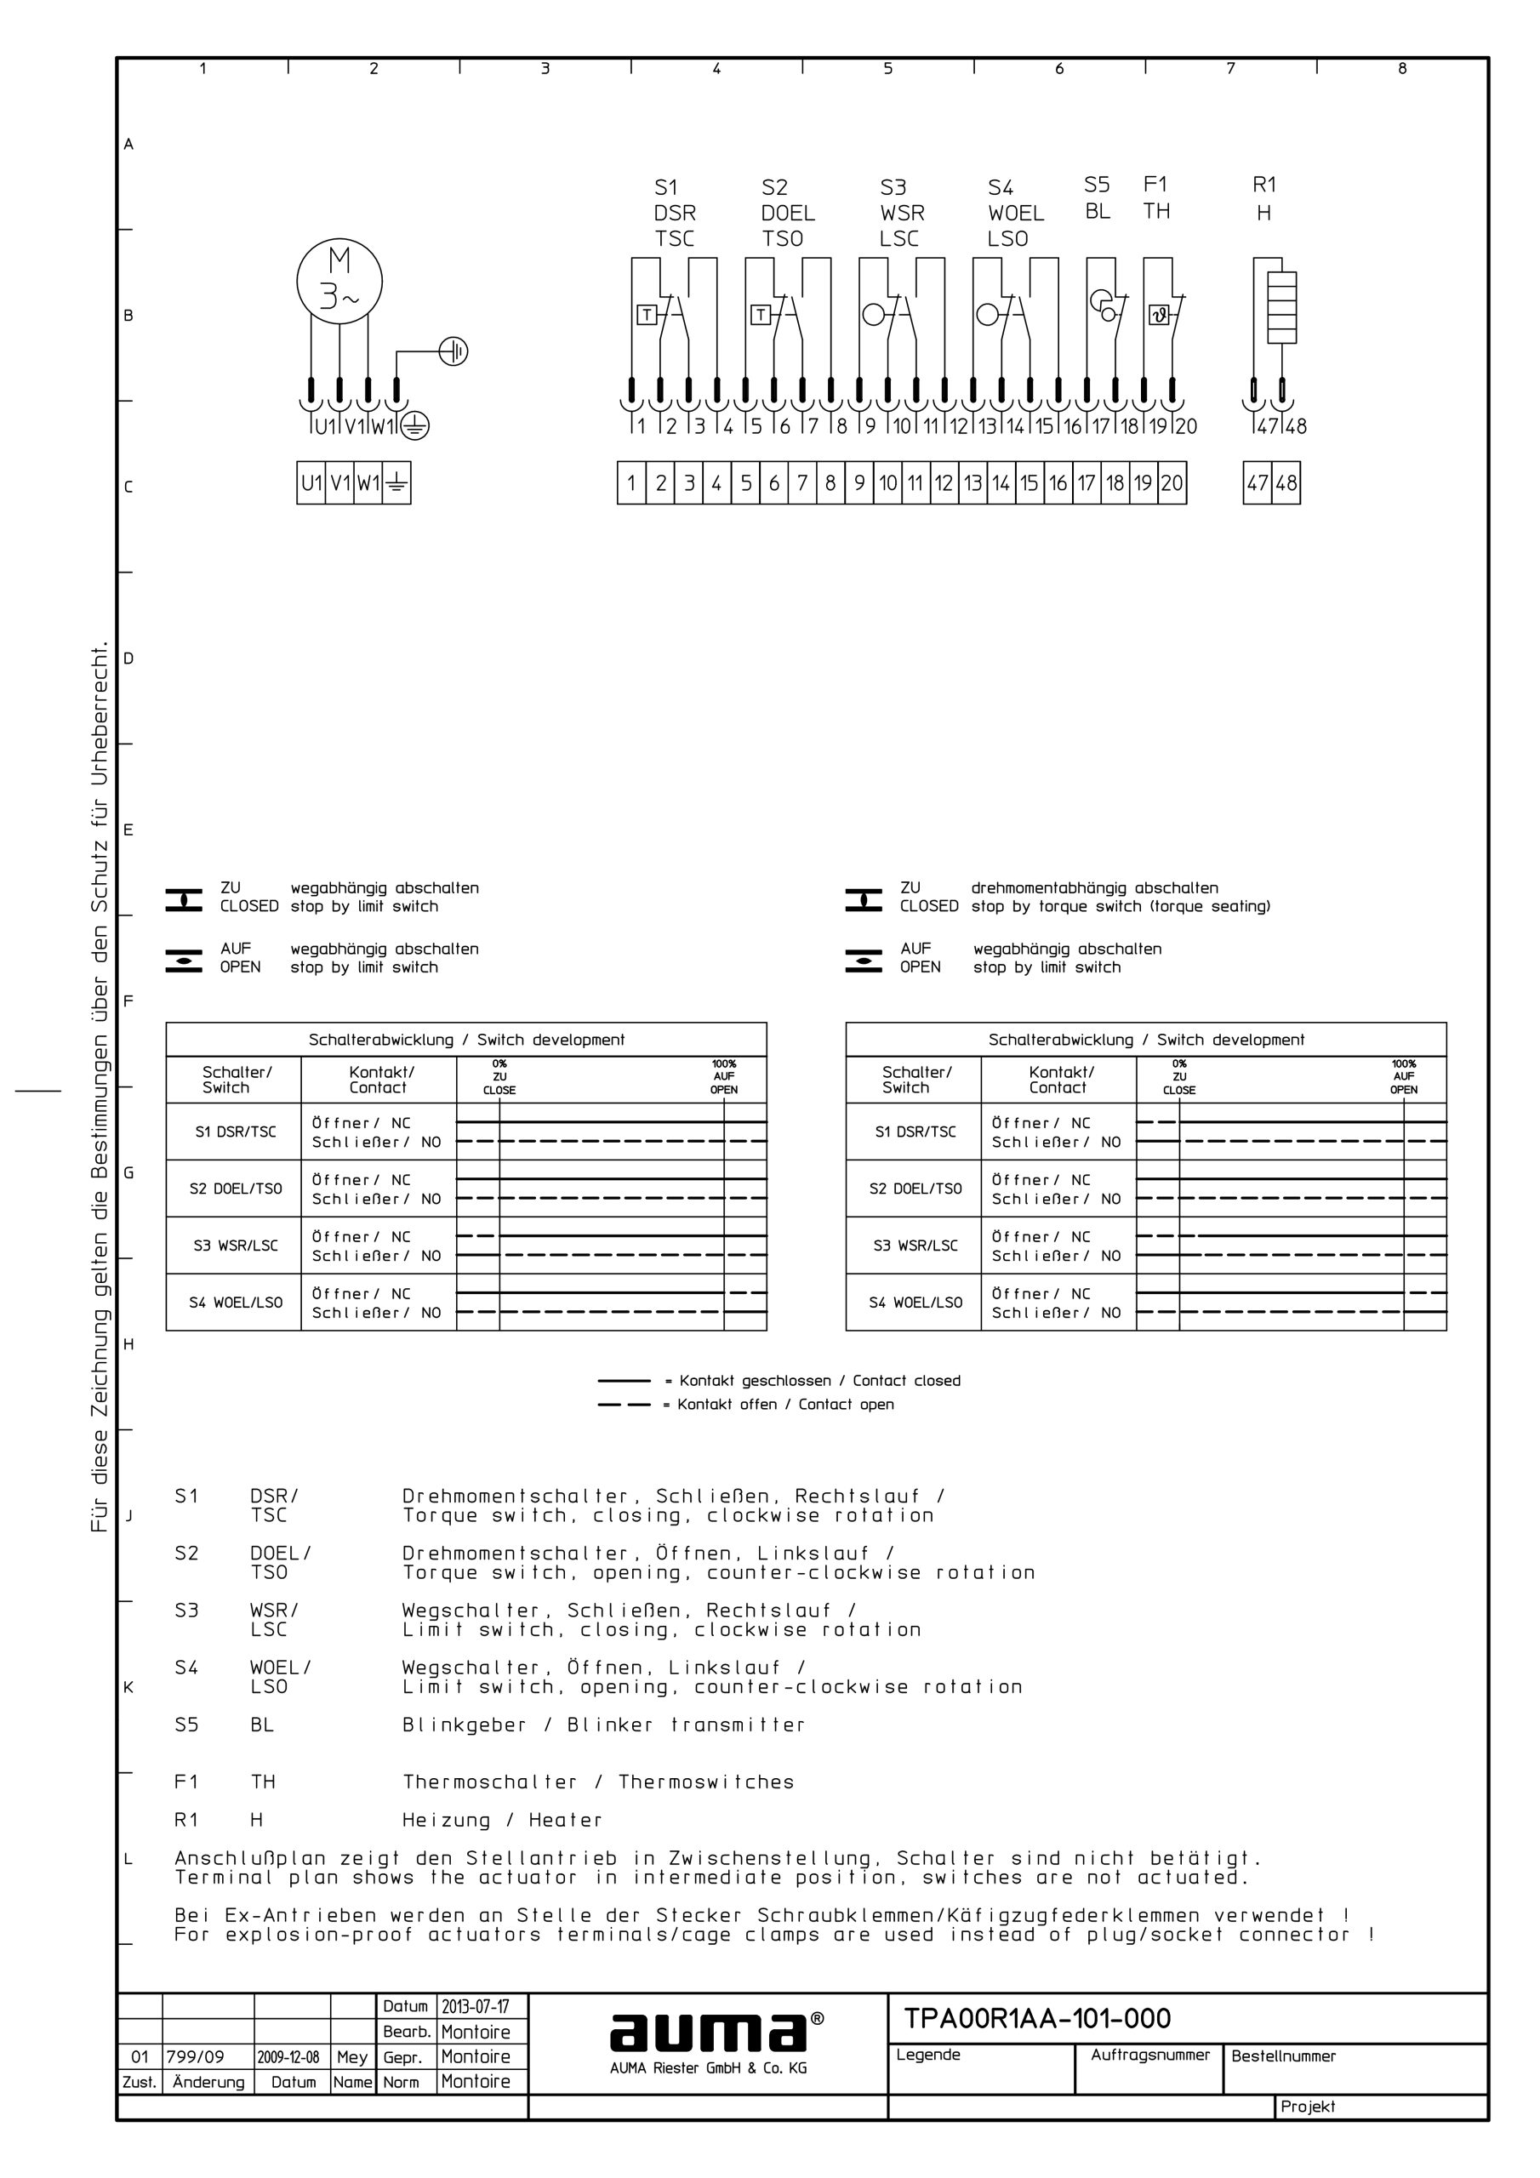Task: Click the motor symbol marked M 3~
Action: click(339, 281)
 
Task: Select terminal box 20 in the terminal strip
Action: click(1172, 483)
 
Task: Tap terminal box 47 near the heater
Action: click(1258, 483)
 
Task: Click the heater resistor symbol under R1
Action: click(1282, 307)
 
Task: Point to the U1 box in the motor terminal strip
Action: click(311, 483)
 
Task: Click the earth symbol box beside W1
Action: click(396, 484)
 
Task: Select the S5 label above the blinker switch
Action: click(1096, 184)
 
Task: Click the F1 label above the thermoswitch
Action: click(1155, 184)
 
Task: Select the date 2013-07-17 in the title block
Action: click(475, 2006)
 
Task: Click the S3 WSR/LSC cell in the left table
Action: click(234, 1246)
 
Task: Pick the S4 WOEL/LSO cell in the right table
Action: click(914, 1303)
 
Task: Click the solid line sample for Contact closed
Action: click(624, 1381)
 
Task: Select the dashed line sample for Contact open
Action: click(624, 1405)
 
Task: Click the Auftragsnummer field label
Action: click(1149, 2055)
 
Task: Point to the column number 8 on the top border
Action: click(1401, 68)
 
